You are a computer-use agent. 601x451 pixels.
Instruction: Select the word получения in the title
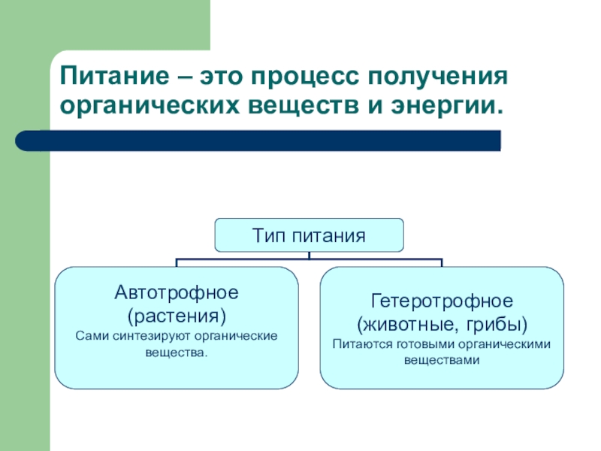[x=436, y=77]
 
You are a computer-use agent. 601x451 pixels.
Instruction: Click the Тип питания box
[x=309, y=235]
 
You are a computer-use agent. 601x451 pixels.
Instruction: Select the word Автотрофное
[x=177, y=291]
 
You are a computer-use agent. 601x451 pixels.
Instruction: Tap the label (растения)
[x=177, y=312]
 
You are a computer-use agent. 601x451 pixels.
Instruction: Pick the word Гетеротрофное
[x=442, y=301]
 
